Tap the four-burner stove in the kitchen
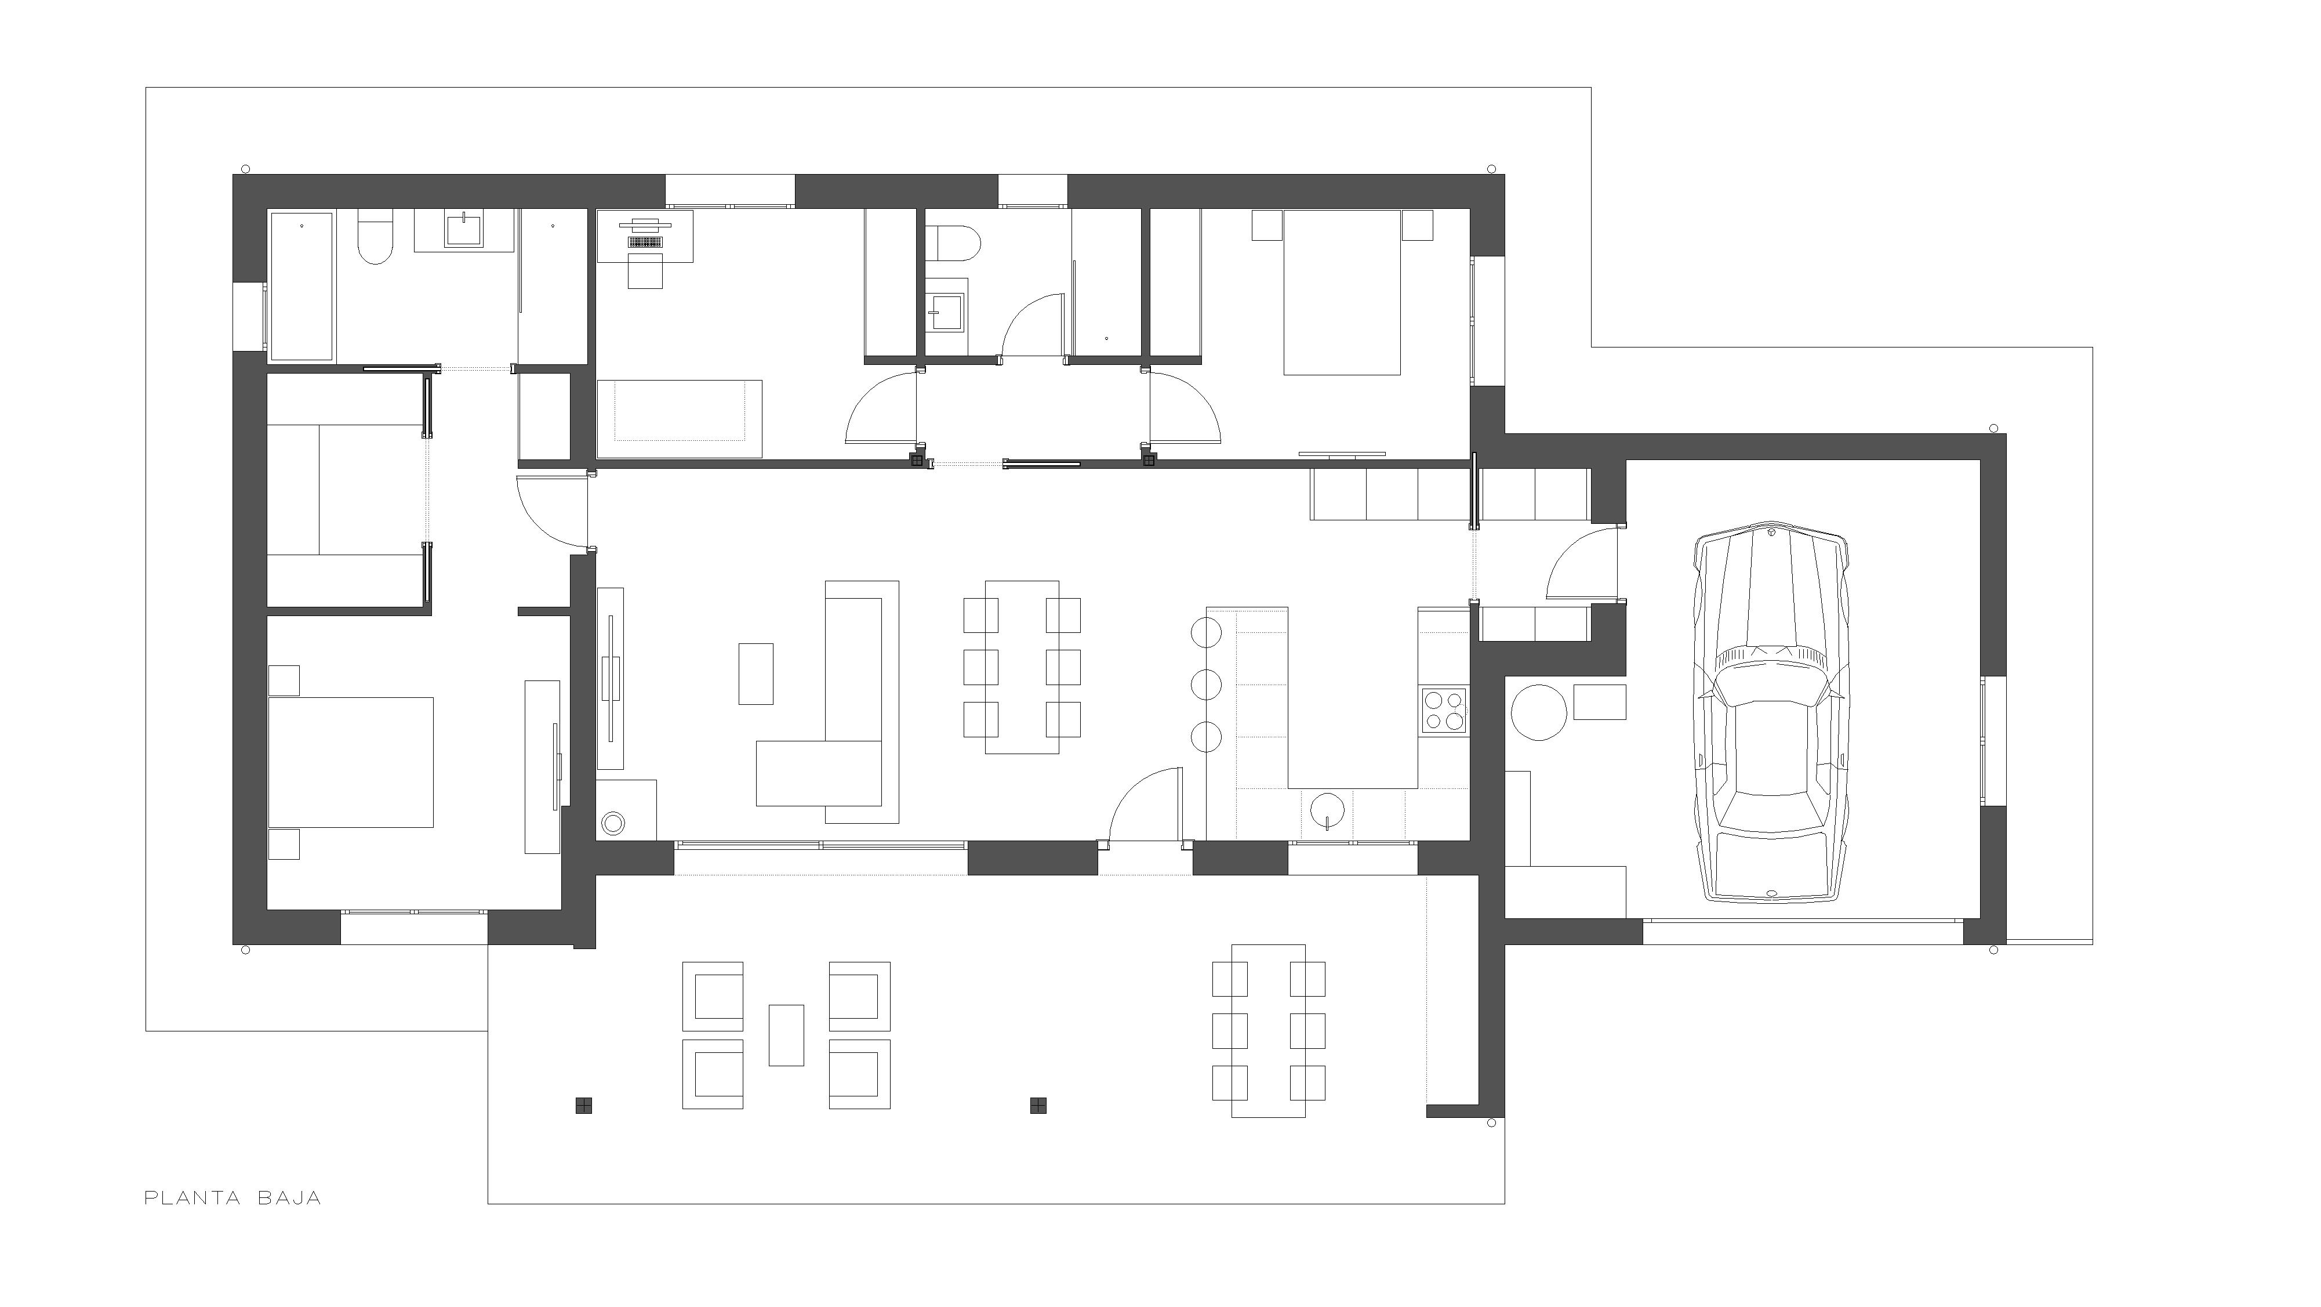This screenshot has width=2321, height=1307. click(1443, 709)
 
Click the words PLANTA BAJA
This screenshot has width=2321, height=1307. click(233, 1198)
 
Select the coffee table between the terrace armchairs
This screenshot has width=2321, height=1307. click(786, 1035)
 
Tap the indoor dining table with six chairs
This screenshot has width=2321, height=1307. click(1022, 667)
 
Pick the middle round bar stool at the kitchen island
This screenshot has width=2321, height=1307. click(1205, 684)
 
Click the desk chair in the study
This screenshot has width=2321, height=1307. click(645, 270)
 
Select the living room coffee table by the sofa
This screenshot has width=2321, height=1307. click(756, 674)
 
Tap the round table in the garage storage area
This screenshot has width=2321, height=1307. click(1539, 712)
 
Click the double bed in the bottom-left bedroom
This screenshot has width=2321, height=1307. click(351, 762)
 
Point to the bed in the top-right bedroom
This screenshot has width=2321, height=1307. click(1342, 292)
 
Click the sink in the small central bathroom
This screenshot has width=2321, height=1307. click(947, 311)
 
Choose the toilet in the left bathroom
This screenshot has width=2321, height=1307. click(375, 237)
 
